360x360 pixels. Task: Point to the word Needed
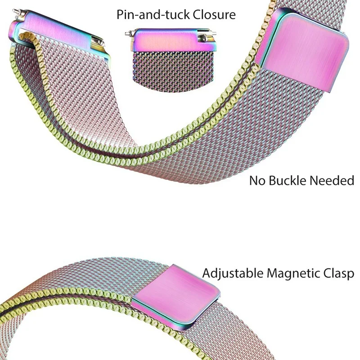(334, 181)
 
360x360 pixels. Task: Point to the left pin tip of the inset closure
(127, 33)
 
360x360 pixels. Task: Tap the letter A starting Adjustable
(207, 273)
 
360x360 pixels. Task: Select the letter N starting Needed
(315, 181)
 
